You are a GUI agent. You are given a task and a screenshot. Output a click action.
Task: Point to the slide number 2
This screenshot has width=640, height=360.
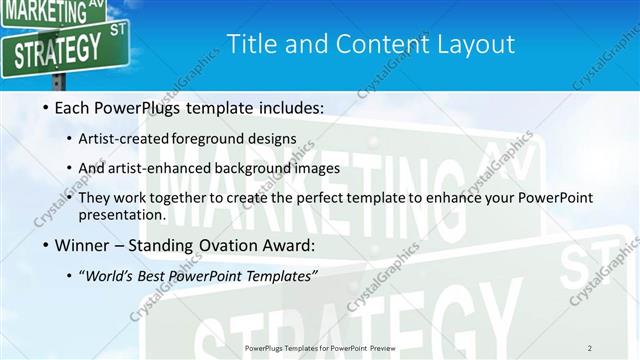(x=590, y=347)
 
